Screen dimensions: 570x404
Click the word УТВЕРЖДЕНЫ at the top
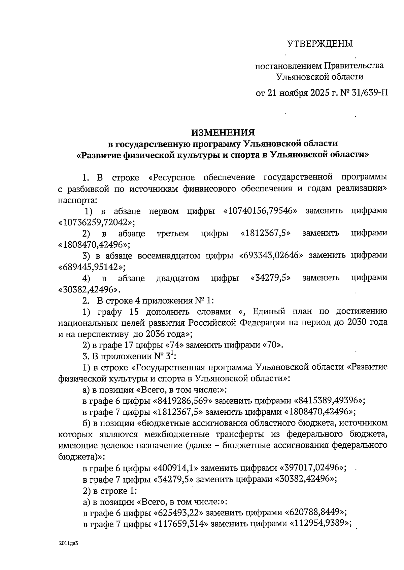pyautogui.click(x=319, y=43)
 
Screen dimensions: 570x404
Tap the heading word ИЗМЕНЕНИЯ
pyautogui.click(x=223, y=132)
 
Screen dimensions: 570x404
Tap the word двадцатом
pyautogui.click(x=178, y=278)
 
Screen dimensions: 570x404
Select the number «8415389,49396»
pyautogui.click(x=329, y=401)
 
